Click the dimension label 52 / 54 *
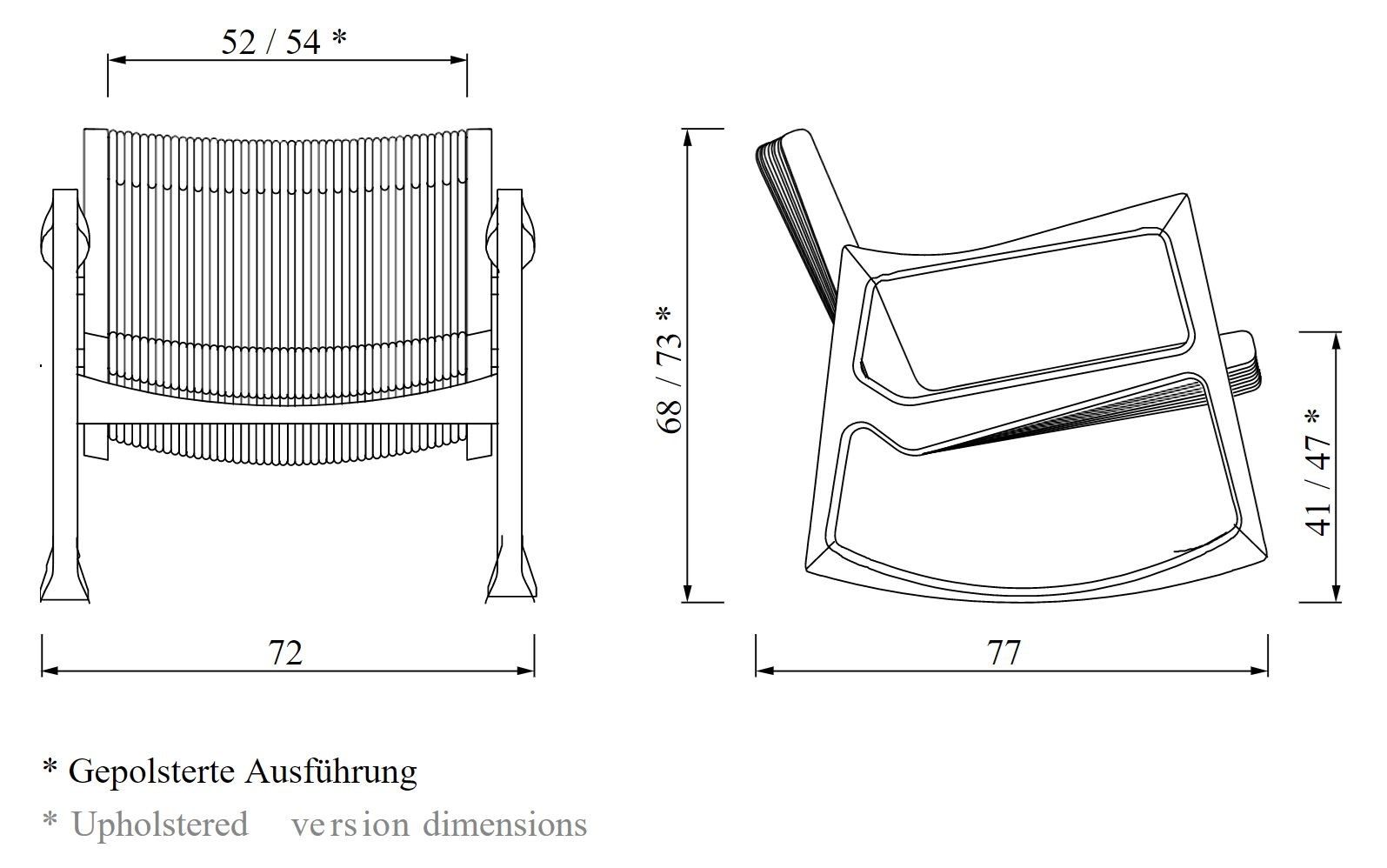pos(284,42)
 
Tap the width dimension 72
pos(285,652)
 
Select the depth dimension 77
pos(1004,652)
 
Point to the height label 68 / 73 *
pos(670,370)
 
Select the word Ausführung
pos(331,772)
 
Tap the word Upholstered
pos(160,824)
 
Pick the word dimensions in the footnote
pos(504,824)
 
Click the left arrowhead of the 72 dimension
pos(50,671)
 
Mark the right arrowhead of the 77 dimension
pos(1259,671)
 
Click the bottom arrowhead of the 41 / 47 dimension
pos(1337,593)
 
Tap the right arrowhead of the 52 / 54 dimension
pos(459,60)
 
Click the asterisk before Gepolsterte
pos(50,766)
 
